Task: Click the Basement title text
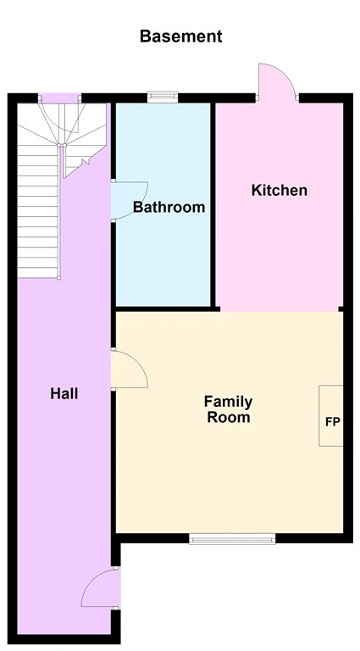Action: pos(180,36)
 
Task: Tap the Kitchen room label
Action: pos(280,191)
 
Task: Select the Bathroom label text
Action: pos(169,207)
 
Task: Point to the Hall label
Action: pos(64,393)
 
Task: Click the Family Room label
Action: pos(228,409)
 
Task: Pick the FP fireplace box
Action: pos(331,415)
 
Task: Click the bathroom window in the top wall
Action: pos(163,97)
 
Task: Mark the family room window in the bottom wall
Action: pos(232,538)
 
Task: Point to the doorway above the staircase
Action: pos(60,98)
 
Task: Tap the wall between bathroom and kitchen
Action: pos(213,205)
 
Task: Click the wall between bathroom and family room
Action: pos(165,309)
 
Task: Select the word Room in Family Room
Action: pos(229,417)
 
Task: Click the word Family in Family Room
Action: pos(228,402)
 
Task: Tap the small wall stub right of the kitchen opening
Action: pos(341,309)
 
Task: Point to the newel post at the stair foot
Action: pos(59,277)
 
